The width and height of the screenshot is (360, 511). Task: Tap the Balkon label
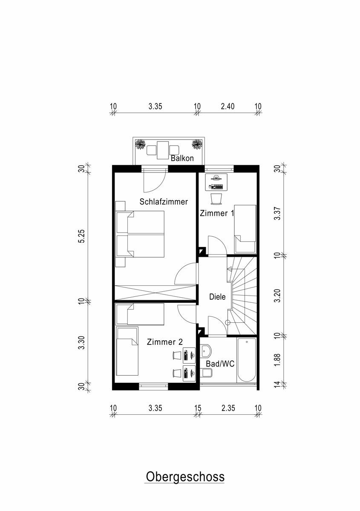tap(182, 158)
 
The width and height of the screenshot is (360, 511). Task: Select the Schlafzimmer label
tap(164, 202)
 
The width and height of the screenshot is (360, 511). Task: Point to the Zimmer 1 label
tap(217, 213)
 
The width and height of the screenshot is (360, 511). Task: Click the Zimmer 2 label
tap(165, 342)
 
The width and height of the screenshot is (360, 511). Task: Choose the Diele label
tap(217, 297)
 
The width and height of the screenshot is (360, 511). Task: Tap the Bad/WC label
tap(220, 364)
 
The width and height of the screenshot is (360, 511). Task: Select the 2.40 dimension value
tap(228, 106)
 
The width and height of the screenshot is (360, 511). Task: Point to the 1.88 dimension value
tap(277, 360)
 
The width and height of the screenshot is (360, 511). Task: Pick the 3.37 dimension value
tap(277, 213)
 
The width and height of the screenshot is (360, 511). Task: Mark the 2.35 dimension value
tap(228, 408)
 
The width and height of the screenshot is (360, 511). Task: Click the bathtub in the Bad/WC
tap(247, 360)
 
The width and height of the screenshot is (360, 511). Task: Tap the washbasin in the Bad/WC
tap(206, 351)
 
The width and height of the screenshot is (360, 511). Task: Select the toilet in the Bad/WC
tap(206, 373)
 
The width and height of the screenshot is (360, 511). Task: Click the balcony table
tap(163, 150)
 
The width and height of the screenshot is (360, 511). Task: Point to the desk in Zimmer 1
tap(216, 182)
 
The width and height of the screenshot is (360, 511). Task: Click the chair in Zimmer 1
tap(216, 198)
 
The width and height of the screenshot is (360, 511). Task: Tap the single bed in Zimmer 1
tap(245, 229)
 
